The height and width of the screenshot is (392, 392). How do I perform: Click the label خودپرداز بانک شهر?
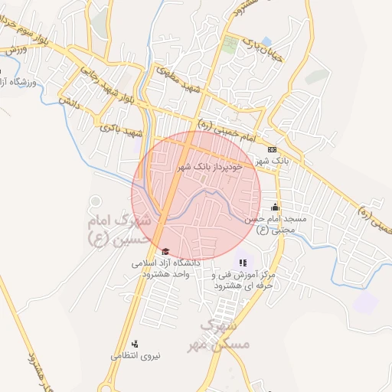pyautogui.click(x=210, y=165)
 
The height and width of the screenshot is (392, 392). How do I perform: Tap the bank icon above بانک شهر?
pyautogui.click(x=272, y=149)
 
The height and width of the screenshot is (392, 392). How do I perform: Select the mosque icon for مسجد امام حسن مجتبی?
pyautogui.click(x=275, y=207)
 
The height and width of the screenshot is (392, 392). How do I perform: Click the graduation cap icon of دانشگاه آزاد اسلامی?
pyautogui.click(x=165, y=251)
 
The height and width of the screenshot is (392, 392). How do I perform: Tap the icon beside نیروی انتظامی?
pyautogui.click(x=135, y=344)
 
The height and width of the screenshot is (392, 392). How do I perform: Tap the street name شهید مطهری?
pyautogui.click(x=182, y=80)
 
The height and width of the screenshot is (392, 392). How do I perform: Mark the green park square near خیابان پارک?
pyautogui.click(x=230, y=43)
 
